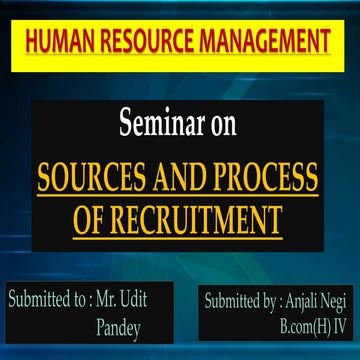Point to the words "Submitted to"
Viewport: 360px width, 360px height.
click(50, 299)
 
